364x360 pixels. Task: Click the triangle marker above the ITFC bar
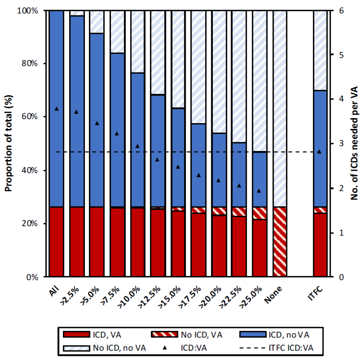320,152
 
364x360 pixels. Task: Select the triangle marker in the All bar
57,108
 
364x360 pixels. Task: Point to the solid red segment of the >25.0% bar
259,248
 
